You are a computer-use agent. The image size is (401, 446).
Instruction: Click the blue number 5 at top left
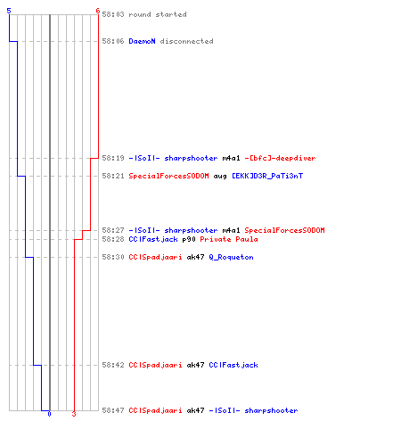coord(9,11)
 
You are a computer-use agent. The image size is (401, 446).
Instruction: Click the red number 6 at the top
coord(98,11)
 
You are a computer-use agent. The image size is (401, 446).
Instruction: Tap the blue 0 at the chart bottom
coord(49,414)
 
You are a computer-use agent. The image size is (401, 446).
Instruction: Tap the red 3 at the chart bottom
coord(74,414)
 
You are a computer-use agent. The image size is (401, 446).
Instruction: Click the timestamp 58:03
coord(113,14)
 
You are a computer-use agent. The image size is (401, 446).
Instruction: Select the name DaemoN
coord(142,41)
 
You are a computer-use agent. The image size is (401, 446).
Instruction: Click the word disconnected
coord(186,41)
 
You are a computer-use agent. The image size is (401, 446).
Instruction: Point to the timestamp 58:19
coord(113,158)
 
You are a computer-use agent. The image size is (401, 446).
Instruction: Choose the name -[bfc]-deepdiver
coord(280,158)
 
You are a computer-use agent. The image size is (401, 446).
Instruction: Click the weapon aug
coord(220,177)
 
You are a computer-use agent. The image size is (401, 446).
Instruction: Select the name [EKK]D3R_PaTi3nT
coord(267,176)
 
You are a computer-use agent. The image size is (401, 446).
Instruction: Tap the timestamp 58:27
coord(113,230)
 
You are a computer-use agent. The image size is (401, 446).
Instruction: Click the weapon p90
coord(189,239)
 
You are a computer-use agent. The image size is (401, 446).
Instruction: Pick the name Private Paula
coord(229,239)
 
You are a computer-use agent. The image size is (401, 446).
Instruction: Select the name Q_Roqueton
coord(231,257)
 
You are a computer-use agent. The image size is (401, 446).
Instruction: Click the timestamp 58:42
coord(113,365)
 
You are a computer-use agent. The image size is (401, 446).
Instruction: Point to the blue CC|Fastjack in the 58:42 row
coord(233,365)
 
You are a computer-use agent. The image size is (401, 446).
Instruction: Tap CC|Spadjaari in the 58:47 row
coord(155,410)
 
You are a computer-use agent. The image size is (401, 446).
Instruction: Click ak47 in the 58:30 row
coord(195,257)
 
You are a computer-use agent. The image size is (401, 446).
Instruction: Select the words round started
coord(158,14)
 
